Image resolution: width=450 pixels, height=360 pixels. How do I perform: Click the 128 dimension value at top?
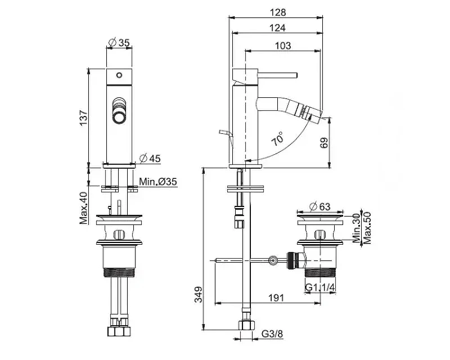pos(278,12)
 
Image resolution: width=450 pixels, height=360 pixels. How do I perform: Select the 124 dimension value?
pos(277,28)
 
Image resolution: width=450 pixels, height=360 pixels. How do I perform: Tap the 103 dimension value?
pos(283,46)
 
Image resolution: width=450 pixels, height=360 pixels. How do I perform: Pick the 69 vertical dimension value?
pos(324,143)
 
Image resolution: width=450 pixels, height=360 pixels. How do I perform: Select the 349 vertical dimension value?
pos(199,295)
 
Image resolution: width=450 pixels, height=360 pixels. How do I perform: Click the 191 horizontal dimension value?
pos(276,298)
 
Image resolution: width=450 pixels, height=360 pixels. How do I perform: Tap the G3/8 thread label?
pos(272,334)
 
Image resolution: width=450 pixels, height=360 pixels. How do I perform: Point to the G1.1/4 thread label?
pos(320,287)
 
